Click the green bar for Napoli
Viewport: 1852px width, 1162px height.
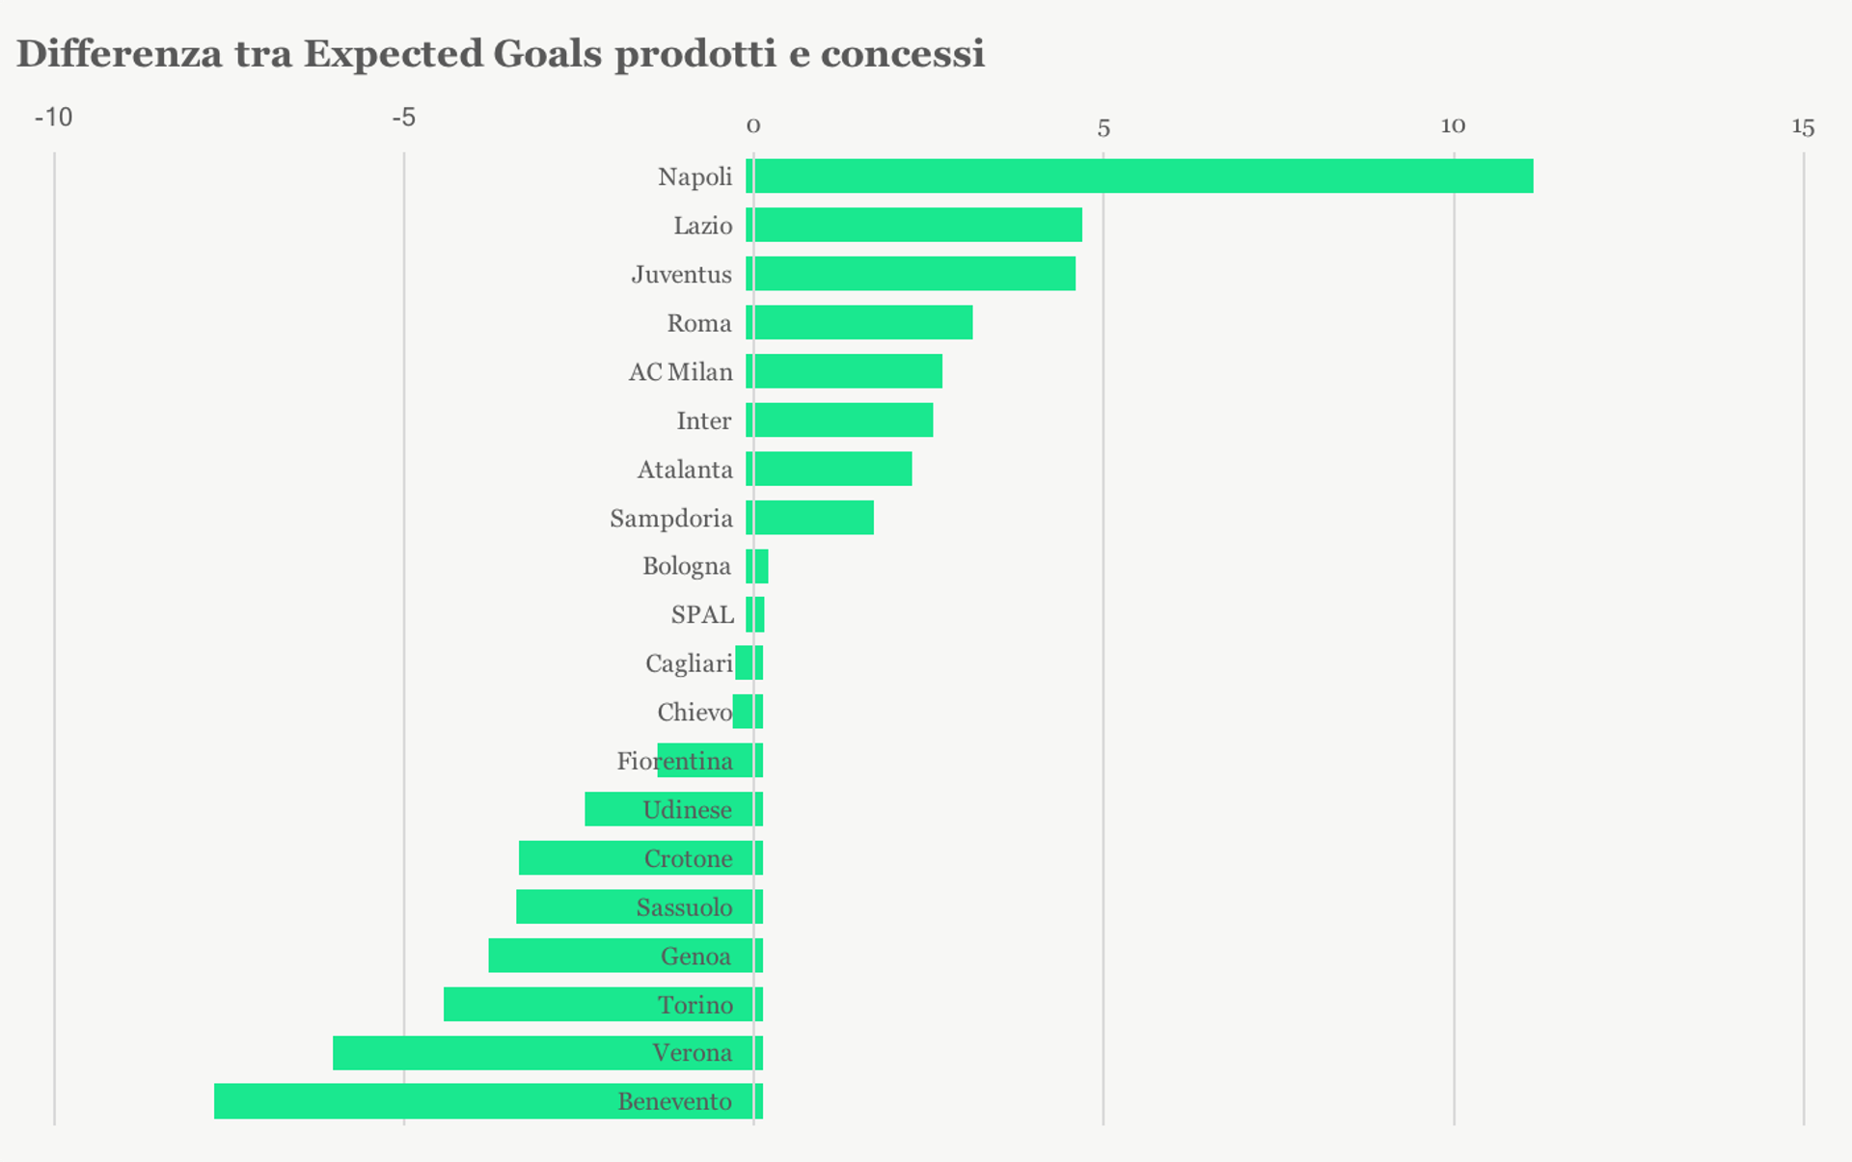pyautogui.click(x=1143, y=176)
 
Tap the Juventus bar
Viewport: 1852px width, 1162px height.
pyautogui.click(x=913, y=274)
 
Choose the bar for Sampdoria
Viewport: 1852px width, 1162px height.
pyautogui.click(x=813, y=518)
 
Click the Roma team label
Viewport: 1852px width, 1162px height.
pyautogui.click(x=699, y=323)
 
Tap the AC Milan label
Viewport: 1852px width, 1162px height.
pyautogui.click(x=681, y=372)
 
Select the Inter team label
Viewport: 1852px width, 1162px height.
pyautogui.click(x=704, y=421)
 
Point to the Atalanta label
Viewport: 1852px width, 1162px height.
pyautogui.click(x=685, y=470)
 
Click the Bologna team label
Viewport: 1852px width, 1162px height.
pyautogui.click(x=687, y=566)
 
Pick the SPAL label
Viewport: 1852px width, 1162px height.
pyautogui.click(x=702, y=614)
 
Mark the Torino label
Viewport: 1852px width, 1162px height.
pyautogui.click(x=695, y=1005)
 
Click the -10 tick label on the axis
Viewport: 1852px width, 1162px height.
pyautogui.click(x=53, y=118)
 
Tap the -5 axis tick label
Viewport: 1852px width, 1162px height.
pyautogui.click(x=403, y=118)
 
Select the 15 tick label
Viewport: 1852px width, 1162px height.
pyautogui.click(x=1803, y=127)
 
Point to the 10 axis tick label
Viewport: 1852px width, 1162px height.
pyautogui.click(x=1453, y=126)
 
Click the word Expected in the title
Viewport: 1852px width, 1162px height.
pyautogui.click(x=394, y=54)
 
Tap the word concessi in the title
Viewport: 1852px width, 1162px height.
pyautogui.click(x=902, y=54)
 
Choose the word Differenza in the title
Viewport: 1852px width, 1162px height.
pyautogui.click(x=119, y=54)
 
